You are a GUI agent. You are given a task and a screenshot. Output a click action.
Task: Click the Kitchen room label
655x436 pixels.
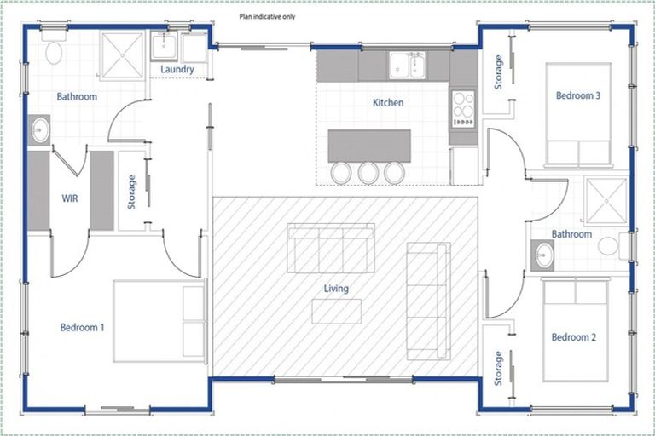[388, 103]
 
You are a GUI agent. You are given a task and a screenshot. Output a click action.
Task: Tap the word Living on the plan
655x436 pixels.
[336, 289]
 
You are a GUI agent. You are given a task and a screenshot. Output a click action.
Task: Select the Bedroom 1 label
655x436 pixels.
[83, 328]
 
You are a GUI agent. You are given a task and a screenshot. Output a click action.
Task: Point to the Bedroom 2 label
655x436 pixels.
[574, 337]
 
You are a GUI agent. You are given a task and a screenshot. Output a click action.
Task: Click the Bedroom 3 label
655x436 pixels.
[578, 96]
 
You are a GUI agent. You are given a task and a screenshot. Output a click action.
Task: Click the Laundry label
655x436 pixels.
[177, 69]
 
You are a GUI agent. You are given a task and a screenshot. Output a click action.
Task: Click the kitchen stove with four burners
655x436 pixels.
[462, 108]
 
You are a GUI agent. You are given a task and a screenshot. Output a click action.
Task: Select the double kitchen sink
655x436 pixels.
[407, 66]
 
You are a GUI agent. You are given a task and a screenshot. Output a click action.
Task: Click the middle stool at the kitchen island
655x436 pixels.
[368, 173]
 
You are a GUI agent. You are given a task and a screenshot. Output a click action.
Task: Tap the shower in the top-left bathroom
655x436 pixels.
[124, 54]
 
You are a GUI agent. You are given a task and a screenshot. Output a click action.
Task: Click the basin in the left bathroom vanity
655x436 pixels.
[40, 131]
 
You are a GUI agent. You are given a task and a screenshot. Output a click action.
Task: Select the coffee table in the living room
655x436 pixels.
[335, 312]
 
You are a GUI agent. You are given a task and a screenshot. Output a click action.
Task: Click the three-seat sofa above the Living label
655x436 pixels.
[331, 248]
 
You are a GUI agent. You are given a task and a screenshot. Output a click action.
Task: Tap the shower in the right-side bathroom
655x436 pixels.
[606, 201]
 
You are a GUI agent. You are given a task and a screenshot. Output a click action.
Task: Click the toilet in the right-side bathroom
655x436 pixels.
[609, 247]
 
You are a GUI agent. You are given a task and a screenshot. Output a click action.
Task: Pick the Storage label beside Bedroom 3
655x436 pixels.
[499, 72]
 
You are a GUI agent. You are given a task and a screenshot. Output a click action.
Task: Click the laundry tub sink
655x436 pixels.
[164, 45]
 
